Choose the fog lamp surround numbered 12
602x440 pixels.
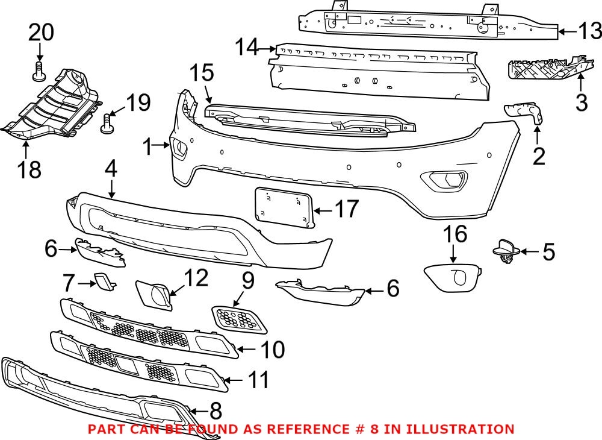154,294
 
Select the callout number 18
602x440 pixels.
28,169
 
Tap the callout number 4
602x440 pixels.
110,169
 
